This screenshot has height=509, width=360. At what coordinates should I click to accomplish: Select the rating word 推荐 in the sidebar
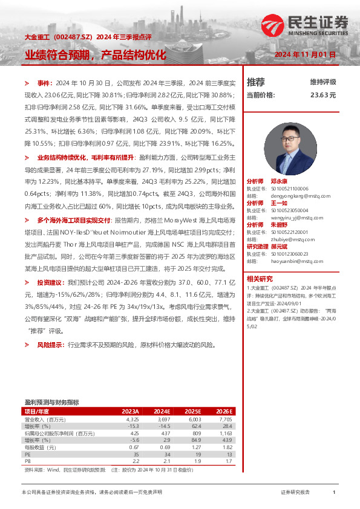(x=256, y=82)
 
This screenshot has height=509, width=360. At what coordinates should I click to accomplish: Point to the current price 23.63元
(x=322, y=95)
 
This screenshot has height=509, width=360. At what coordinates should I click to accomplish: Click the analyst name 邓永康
(x=279, y=181)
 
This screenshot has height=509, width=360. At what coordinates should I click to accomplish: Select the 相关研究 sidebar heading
(x=260, y=279)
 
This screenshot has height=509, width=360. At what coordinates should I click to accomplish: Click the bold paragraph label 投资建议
(x=49, y=282)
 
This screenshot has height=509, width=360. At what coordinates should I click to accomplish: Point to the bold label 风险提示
(x=49, y=345)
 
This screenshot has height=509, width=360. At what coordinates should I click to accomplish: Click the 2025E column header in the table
(x=192, y=411)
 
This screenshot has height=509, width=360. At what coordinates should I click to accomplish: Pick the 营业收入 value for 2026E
(x=224, y=419)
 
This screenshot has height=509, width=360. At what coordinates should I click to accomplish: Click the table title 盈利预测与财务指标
(x=51, y=402)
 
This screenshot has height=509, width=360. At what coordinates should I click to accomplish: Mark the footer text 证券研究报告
(x=295, y=493)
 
